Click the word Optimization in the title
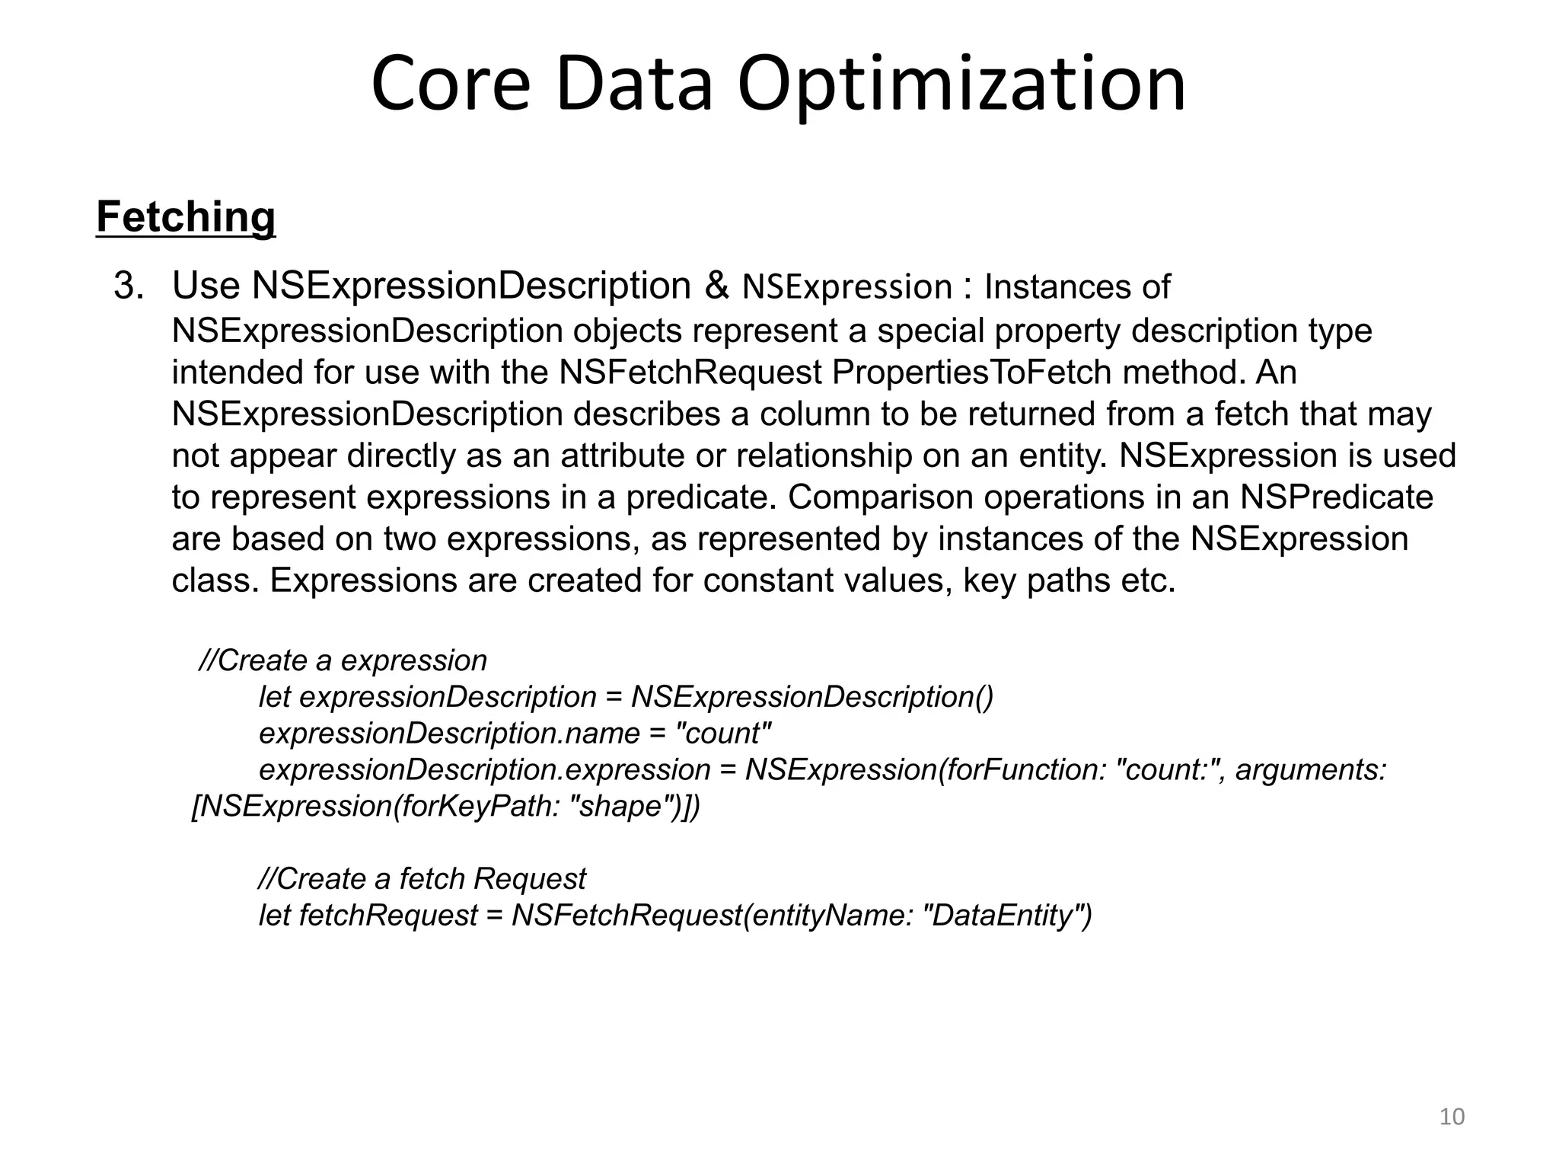click(961, 84)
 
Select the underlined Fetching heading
click(186, 217)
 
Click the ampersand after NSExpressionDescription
click(716, 286)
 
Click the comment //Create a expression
click(343, 660)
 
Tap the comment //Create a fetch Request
click(422, 879)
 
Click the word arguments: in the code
click(1310, 770)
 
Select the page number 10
click(1452, 1117)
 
